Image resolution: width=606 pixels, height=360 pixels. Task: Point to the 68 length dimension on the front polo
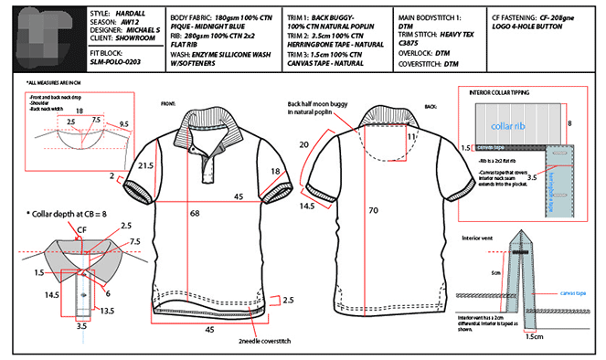click(x=195, y=212)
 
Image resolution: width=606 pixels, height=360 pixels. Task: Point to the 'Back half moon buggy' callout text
click(x=316, y=103)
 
